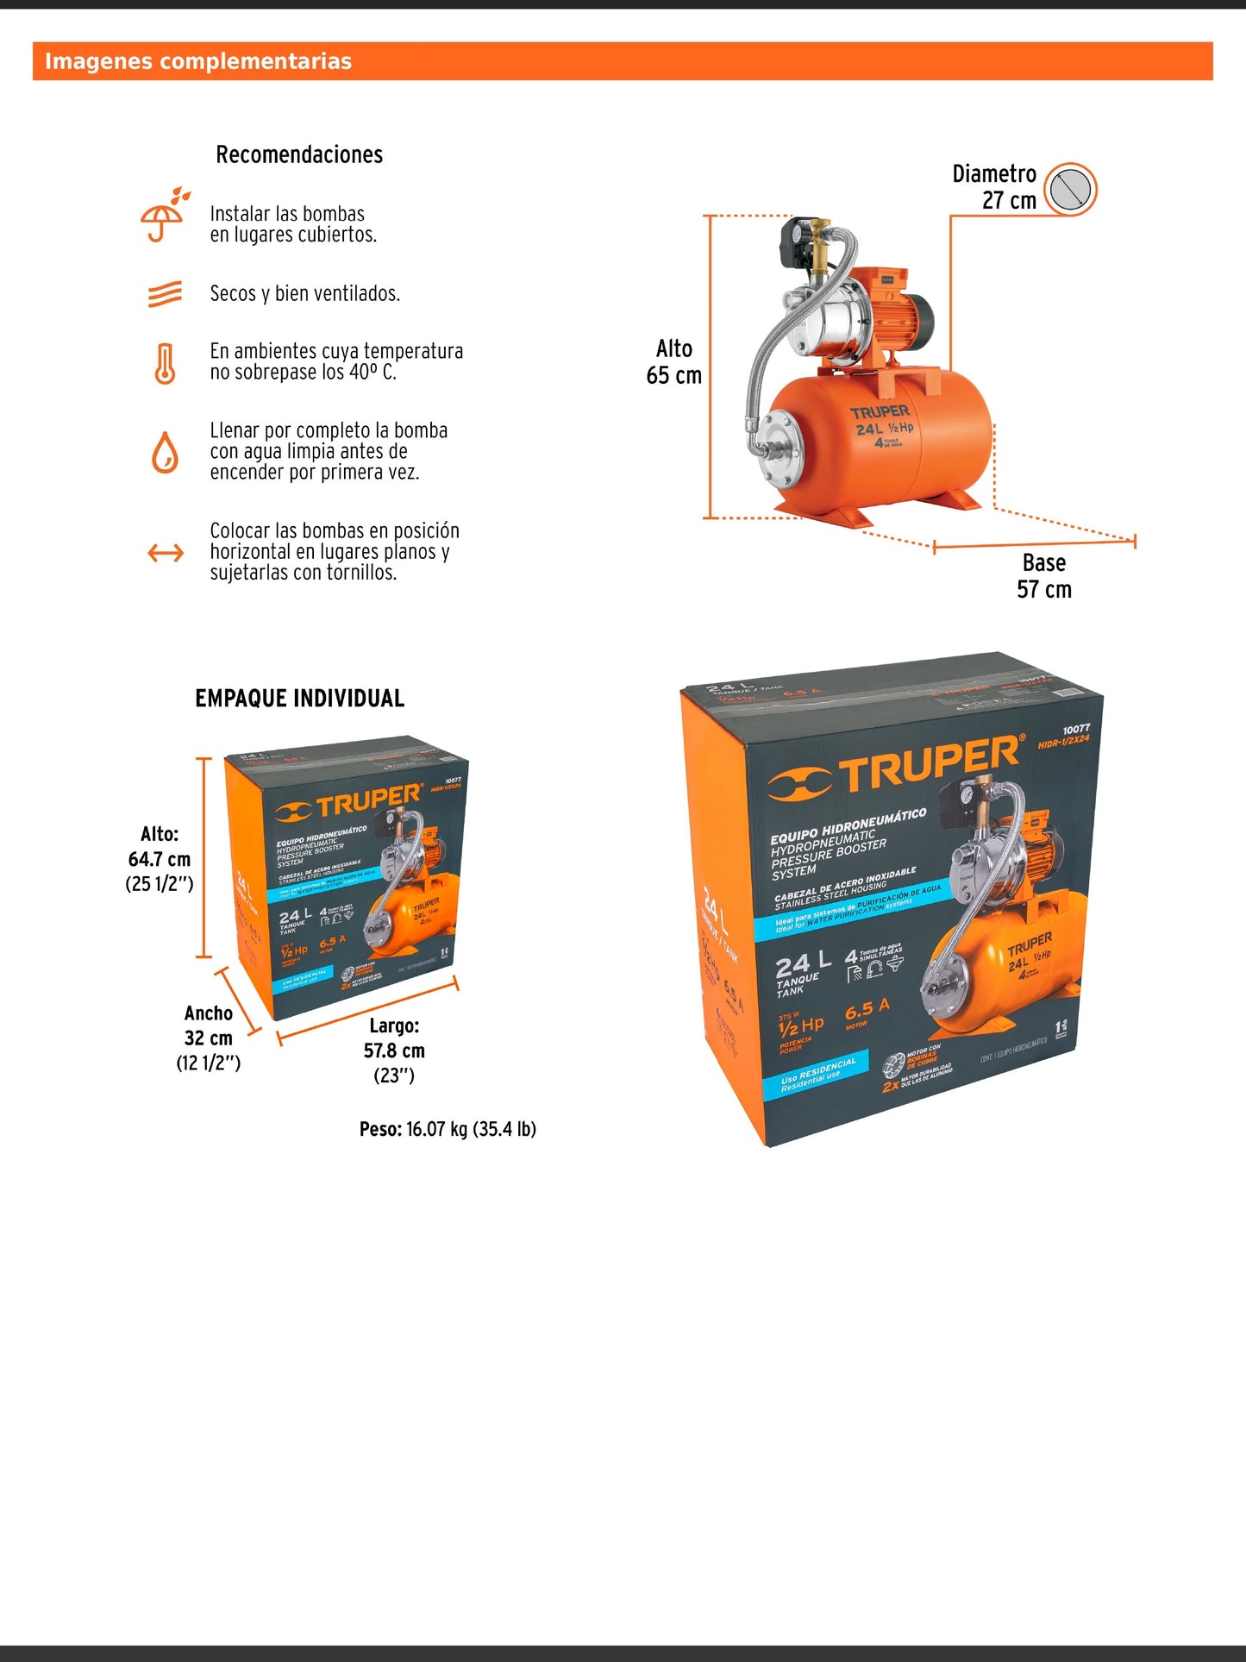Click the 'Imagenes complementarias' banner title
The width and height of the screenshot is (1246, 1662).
click(198, 61)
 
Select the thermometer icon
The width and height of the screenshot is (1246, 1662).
click(165, 363)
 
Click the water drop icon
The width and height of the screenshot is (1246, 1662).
click(165, 453)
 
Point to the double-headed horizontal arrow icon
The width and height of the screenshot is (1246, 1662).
click(166, 553)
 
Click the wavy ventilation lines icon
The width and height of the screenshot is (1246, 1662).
click(165, 294)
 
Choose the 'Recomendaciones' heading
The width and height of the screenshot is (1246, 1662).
click(299, 155)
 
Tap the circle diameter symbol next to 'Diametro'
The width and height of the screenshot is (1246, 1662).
click(1070, 188)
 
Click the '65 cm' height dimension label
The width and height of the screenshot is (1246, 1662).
click(673, 376)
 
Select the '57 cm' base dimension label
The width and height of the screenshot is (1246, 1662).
click(1043, 590)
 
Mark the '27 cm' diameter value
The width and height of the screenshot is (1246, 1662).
click(1009, 201)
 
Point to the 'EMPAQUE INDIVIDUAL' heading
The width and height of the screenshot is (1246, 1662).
click(299, 699)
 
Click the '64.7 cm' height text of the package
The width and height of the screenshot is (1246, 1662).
click(160, 860)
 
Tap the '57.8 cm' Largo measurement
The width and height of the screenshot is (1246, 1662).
click(394, 1051)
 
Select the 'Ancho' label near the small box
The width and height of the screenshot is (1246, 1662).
click(208, 1013)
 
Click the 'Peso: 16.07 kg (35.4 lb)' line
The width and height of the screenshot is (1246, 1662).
click(448, 1130)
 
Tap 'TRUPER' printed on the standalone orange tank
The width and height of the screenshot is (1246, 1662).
click(880, 412)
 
